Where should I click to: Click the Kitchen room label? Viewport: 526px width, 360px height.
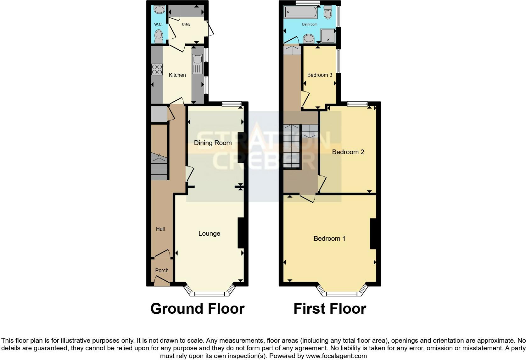(x=177, y=75)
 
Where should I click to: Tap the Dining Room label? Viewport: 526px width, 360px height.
(x=213, y=143)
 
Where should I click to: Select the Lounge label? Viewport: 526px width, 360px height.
(x=209, y=233)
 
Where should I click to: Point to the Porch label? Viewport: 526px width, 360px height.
(x=162, y=270)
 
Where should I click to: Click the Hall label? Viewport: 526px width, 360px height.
(x=160, y=229)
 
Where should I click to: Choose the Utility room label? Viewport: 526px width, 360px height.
(x=186, y=24)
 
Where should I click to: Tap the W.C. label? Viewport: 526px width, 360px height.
(x=158, y=25)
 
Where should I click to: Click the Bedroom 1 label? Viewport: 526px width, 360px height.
(x=329, y=239)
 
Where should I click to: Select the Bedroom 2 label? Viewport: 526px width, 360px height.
(x=348, y=152)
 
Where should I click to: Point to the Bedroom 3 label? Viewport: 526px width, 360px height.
(x=320, y=75)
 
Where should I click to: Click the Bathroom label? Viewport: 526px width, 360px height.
(x=310, y=24)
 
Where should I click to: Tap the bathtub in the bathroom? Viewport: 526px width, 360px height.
(x=301, y=12)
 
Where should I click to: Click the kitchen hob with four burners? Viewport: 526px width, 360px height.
(x=157, y=70)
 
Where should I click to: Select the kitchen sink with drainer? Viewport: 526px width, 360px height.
(x=198, y=64)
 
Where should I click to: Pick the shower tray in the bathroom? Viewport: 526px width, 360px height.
(x=327, y=36)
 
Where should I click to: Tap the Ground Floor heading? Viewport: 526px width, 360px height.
(x=197, y=309)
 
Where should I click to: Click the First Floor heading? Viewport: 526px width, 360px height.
(x=330, y=309)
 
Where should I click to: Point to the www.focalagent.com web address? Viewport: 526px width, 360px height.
(x=336, y=356)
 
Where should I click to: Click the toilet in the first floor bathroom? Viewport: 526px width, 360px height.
(x=328, y=13)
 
